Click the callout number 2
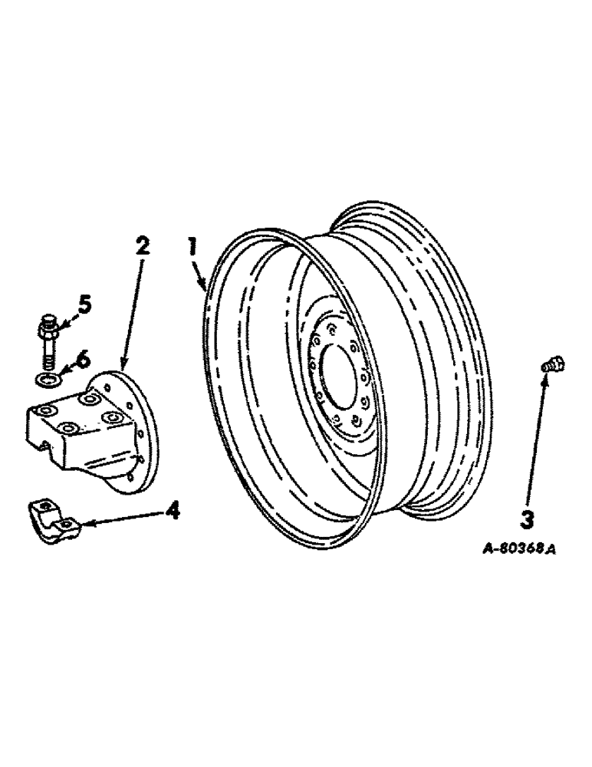[x=143, y=248]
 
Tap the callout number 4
[x=174, y=509]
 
